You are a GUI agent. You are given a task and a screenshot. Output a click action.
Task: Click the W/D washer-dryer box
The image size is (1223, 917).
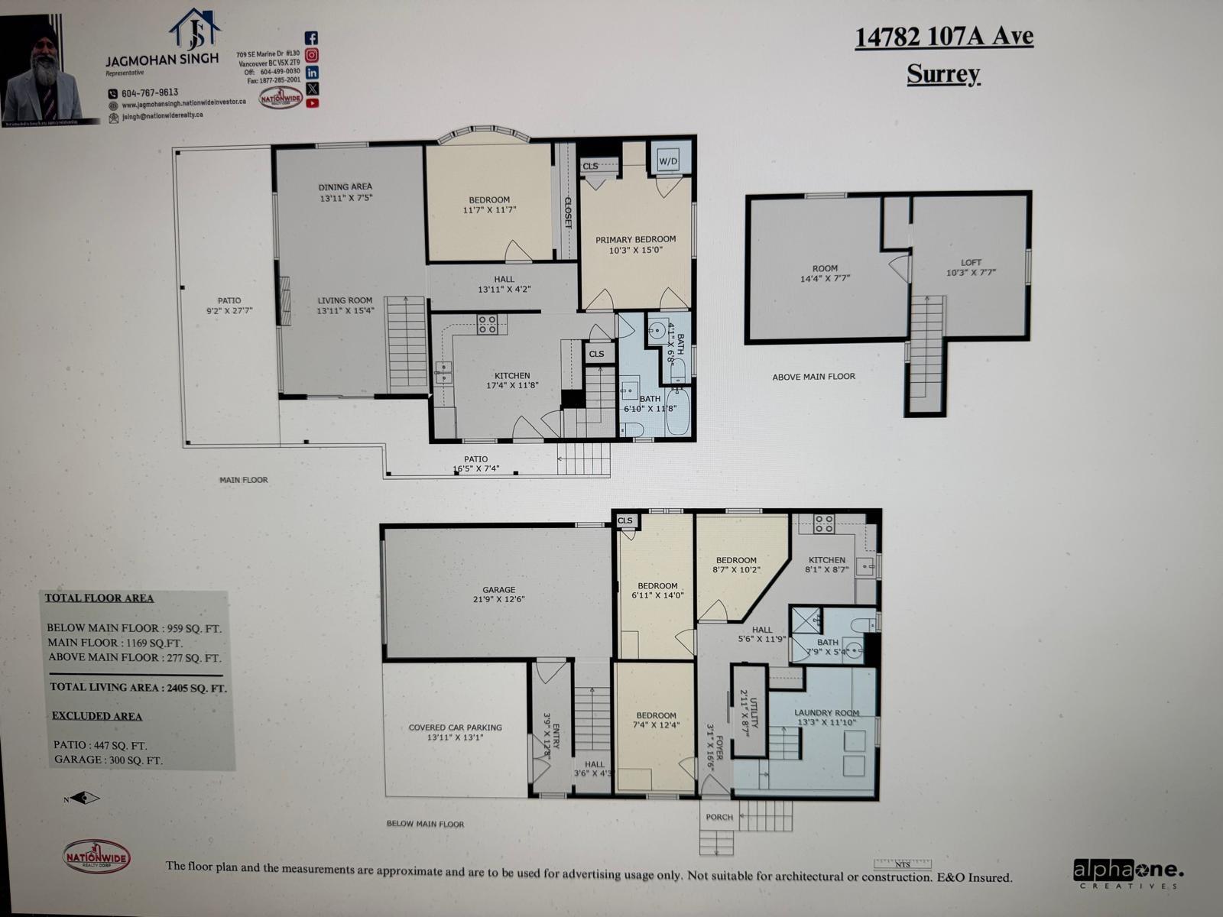(668, 161)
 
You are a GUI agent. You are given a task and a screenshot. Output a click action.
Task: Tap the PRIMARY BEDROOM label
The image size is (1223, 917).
(636, 240)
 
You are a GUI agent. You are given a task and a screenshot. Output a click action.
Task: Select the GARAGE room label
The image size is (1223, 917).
(498, 590)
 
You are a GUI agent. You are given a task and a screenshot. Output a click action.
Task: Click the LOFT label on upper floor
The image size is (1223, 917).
(971, 263)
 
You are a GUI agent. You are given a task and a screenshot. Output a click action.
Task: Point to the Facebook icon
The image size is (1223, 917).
(312, 38)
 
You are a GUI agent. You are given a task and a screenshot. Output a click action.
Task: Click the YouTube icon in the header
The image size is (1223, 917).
(312, 103)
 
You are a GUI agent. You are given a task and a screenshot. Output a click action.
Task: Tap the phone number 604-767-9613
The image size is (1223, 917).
(149, 92)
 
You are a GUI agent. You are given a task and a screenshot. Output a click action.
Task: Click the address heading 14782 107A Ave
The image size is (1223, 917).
(943, 37)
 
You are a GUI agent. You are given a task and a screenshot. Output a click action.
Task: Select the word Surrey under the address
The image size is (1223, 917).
(943, 74)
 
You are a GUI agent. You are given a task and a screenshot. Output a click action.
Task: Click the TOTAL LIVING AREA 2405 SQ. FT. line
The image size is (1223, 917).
(138, 687)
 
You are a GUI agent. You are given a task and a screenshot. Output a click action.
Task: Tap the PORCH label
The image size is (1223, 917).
(719, 817)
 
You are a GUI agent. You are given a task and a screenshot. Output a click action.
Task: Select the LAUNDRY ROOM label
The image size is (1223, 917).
(826, 713)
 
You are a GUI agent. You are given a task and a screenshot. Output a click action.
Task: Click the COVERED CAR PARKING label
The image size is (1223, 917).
(455, 727)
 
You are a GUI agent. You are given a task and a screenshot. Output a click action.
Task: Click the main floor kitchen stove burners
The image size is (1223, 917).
(487, 324)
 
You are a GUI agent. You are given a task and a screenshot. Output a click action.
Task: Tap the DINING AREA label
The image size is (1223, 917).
(345, 186)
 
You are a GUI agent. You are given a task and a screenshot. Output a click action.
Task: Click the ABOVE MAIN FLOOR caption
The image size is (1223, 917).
(813, 377)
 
